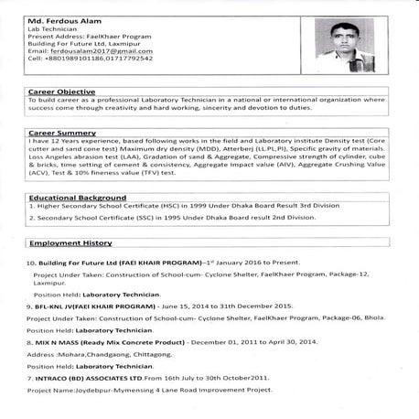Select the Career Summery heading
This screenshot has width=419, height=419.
pyautogui.click(x=60, y=133)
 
